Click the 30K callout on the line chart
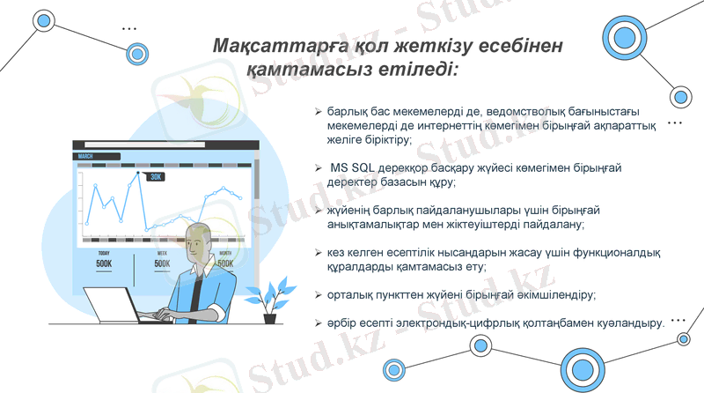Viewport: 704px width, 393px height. pos(156,176)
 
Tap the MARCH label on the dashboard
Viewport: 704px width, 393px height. pos(85,156)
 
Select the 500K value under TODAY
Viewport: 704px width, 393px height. pos(104,263)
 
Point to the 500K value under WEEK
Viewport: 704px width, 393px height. pos(163,263)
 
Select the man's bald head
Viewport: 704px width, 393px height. pos(197,236)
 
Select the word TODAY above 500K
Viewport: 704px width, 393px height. pos(104,253)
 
